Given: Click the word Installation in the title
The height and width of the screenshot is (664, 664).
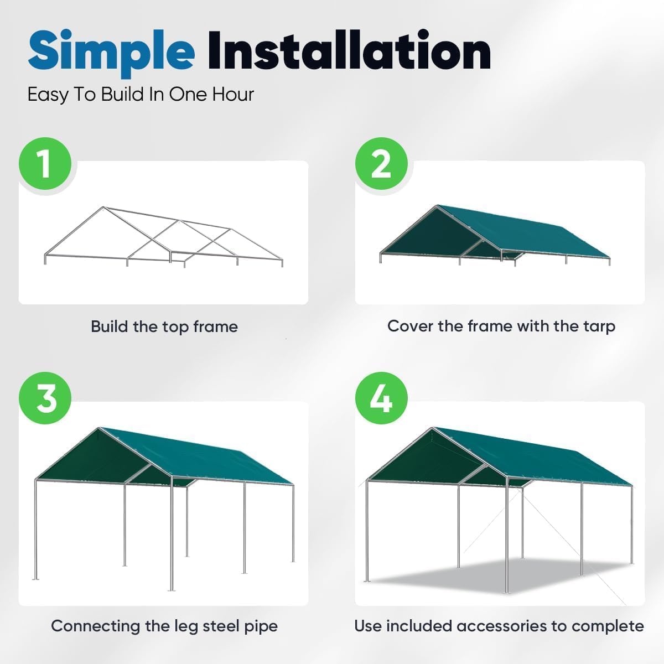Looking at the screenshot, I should [x=349, y=51].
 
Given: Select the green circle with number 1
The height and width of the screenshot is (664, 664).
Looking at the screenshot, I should [x=45, y=164].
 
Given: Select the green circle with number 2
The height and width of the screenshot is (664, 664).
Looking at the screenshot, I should [x=381, y=164].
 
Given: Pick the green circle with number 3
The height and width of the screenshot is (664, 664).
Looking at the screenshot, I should [x=45, y=398].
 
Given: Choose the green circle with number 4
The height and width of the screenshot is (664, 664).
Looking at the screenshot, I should [x=381, y=398].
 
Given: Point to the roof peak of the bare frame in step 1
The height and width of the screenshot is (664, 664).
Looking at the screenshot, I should [x=103, y=208].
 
